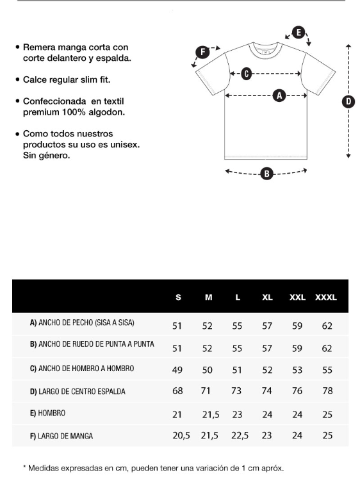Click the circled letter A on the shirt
pos(279,96)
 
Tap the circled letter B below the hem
pos(266,174)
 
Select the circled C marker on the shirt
pos(247,74)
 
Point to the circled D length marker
pos(348,101)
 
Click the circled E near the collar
pos(299,32)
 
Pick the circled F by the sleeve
pos(202,52)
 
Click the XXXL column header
pos(326,297)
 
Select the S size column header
pos(178,297)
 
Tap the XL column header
pos(267,297)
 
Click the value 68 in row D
pos(177,391)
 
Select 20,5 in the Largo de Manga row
pos(181,436)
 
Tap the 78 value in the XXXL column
pos(327,391)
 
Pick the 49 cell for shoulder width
pos(177,370)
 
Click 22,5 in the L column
pos(240,436)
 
